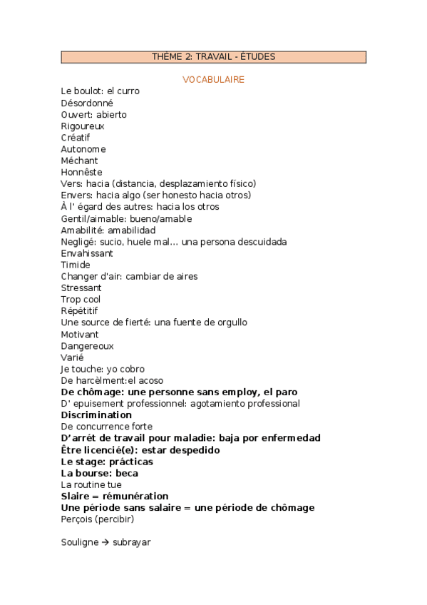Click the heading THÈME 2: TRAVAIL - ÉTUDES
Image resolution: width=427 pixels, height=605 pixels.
pyautogui.click(x=214, y=57)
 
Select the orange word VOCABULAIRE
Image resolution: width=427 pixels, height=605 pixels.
pyautogui.click(x=214, y=79)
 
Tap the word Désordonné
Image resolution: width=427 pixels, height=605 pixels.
pyautogui.click(x=87, y=103)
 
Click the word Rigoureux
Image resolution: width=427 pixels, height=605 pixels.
pyautogui.click(x=83, y=126)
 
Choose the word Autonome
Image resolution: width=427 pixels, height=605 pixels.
pyautogui.click(x=83, y=149)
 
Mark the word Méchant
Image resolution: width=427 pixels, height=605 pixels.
pyautogui.click(x=80, y=161)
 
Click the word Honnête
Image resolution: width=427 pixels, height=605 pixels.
pyautogui.click(x=81, y=172)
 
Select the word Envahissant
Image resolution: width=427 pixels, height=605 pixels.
pyautogui.click(x=87, y=253)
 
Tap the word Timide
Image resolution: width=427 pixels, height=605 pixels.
pyautogui.click(x=76, y=265)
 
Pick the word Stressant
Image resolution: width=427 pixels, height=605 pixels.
pyautogui.click(x=81, y=288)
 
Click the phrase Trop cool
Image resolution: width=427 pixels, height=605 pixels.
pyautogui.click(x=81, y=300)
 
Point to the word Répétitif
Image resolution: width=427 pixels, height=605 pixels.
pyautogui.click(x=80, y=311)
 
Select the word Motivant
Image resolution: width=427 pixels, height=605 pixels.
pyautogui.click(x=80, y=334)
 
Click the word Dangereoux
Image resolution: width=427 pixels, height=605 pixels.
pyautogui.click(x=87, y=345)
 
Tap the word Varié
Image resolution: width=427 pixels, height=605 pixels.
pyautogui.click(x=73, y=357)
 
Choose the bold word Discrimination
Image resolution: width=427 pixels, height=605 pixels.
pyautogui.click(x=96, y=415)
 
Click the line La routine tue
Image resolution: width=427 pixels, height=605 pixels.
pyautogui.click(x=91, y=484)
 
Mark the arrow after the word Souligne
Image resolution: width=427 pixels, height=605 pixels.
pyautogui.click(x=104, y=542)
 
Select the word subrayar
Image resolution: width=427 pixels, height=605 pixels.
pyautogui.click(x=132, y=542)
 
